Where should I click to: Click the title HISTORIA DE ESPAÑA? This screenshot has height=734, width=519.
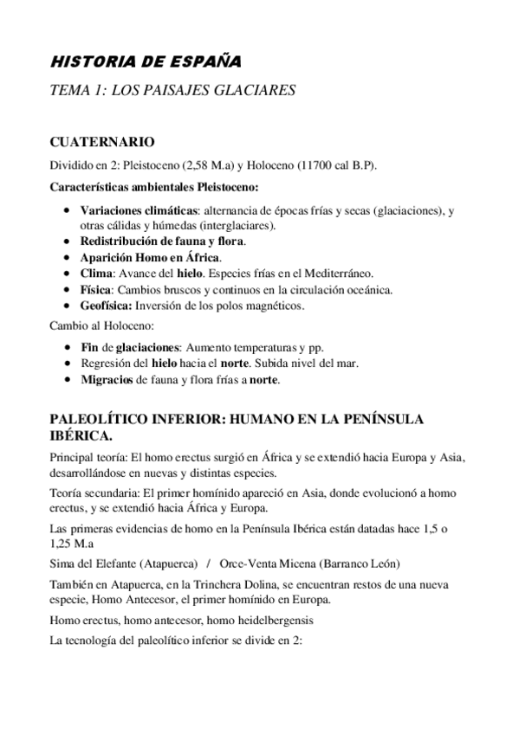pyautogui.click(x=146, y=62)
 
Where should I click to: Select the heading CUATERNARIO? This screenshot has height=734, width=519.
pyautogui.click(x=102, y=141)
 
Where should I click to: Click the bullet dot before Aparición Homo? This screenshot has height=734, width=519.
pyautogui.click(x=68, y=258)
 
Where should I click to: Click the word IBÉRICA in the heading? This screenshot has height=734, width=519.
pyautogui.click(x=80, y=435)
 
